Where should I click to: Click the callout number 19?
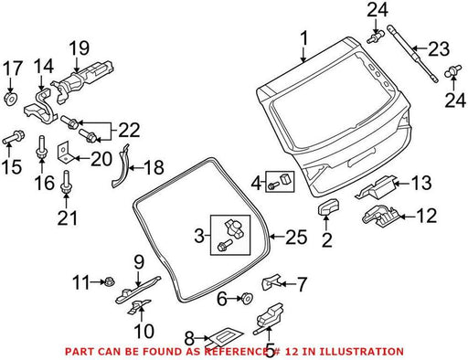[x=79, y=48]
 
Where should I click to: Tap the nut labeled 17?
[x=11, y=99]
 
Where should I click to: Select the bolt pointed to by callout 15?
[x=14, y=138]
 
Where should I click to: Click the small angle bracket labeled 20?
[x=65, y=153]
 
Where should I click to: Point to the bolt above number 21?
[x=66, y=182]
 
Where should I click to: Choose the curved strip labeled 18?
[x=121, y=165]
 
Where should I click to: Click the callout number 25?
[x=296, y=237]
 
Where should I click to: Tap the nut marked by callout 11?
[x=107, y=281]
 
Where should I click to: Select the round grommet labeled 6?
[x=245, y=298]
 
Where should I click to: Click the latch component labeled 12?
[x=379, y=216]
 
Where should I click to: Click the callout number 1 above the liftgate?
[x=303, y=38]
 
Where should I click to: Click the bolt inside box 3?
[x=224, y=245]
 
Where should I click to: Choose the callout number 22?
[x=129, y=130]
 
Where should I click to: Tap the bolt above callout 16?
[x=41, y=147]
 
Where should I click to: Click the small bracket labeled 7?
[x=271, y=281]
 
